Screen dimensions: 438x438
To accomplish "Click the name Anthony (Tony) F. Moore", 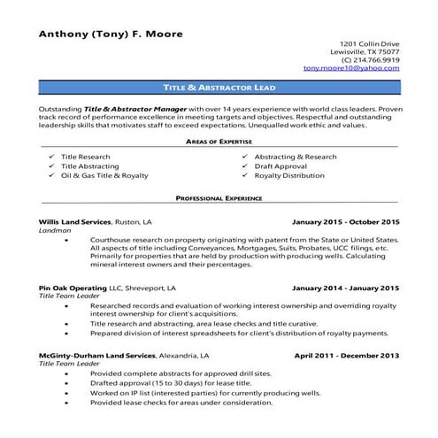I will tap(111, 35).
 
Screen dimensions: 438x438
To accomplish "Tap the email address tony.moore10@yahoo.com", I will tap(351, 68).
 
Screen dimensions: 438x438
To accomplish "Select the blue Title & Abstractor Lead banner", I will tap(219, 89).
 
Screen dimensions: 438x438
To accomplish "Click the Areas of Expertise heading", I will tap(219, 142).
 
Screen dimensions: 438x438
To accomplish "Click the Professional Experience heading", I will tap(219, 199).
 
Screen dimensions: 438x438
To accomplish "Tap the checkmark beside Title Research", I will tap(51, 157).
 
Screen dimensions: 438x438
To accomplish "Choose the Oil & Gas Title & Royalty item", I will tap(104, 175).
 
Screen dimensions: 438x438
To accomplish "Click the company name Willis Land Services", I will tap(75, 221).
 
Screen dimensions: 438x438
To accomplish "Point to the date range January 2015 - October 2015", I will tap(346, 221).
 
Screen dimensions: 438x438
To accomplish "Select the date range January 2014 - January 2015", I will tap(346, 288).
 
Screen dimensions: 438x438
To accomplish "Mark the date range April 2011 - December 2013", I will tap(347, 354).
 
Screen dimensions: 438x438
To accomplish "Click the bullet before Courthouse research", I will tap(68, 241).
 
